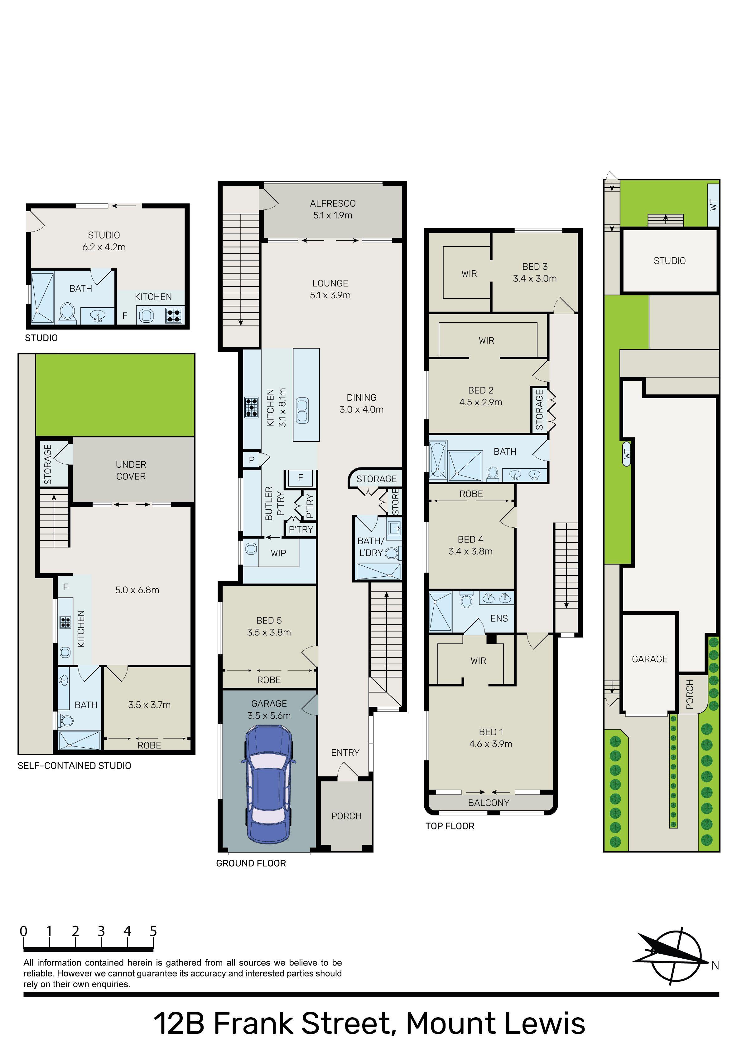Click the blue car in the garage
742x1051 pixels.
tap(268, 785)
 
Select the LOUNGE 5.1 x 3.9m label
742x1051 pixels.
tap(330, 289)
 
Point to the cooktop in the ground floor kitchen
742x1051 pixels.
tap(251, 407)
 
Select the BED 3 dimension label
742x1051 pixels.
tap(534, 272)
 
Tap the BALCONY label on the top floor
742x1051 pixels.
tap(488, 802)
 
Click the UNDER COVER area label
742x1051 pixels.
tap(131, 470)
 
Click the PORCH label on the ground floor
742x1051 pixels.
tap(346, 816)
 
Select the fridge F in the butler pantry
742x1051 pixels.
tap(300, 477)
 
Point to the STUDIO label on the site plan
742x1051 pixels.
tap(669, 261)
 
